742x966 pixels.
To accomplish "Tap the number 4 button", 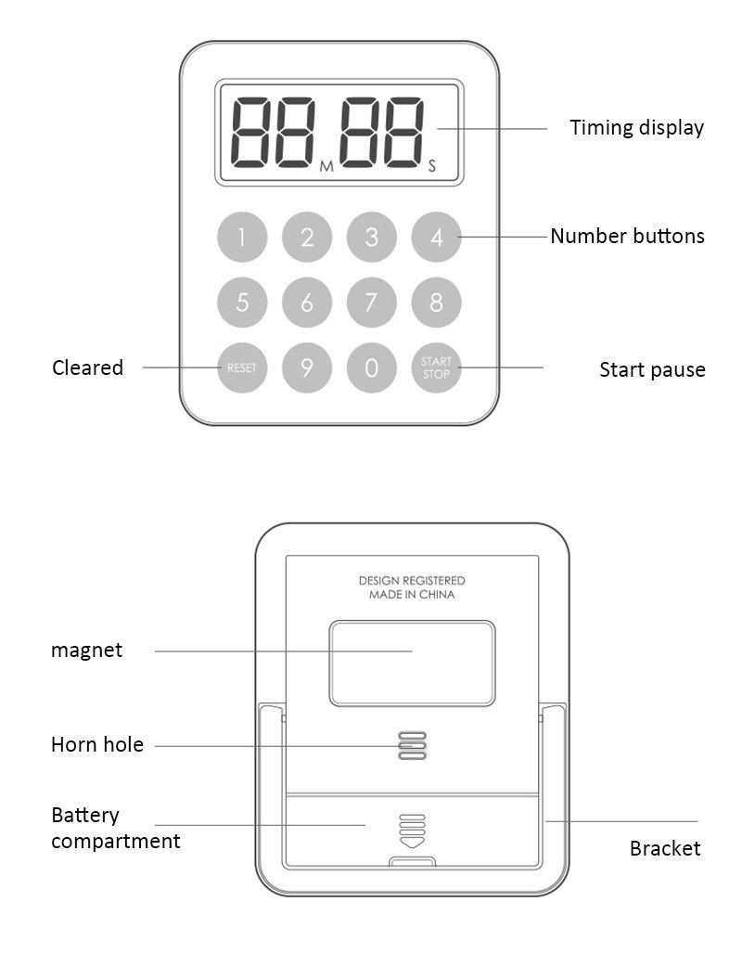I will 436,238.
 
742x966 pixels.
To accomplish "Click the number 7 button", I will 371,303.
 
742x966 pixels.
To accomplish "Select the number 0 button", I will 371,367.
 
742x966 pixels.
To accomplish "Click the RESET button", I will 241,367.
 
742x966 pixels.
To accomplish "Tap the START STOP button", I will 436,367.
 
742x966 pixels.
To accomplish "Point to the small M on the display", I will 326,167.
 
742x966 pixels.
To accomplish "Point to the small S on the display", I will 431,167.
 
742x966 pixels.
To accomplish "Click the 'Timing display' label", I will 636,128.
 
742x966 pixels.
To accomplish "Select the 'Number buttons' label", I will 627,236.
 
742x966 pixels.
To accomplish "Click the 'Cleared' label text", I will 87,367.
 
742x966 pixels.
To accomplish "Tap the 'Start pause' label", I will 652,369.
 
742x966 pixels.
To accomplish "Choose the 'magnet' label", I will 86,650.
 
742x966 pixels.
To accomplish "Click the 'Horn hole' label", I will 97,744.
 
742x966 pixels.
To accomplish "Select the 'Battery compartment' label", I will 115,828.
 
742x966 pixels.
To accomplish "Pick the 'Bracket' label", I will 664,848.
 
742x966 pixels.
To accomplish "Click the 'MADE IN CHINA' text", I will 412,595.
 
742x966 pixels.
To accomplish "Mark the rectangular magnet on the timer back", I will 412,663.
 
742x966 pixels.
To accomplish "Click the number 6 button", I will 306,303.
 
